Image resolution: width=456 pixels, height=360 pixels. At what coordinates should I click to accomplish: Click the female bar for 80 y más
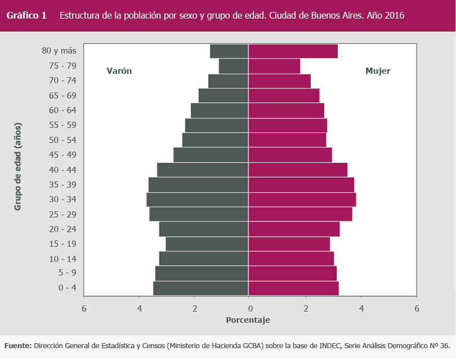pos(293,51)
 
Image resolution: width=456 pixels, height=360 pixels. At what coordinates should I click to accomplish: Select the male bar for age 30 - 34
pos(197,199)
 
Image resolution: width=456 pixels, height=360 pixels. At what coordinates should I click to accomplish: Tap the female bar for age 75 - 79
pos(274,66)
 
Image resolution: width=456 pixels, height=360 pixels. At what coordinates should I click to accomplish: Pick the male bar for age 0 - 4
pos(200,288)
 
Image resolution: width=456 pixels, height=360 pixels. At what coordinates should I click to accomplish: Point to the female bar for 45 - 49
pos(290,155)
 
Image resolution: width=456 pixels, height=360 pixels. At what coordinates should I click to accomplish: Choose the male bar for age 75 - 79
pos(234,66)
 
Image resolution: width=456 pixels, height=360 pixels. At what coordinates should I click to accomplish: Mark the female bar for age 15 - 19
pos(289,244)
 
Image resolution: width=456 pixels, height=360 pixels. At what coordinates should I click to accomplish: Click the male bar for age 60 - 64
pos(220,110)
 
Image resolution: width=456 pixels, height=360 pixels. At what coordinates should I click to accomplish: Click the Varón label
pos(119,71)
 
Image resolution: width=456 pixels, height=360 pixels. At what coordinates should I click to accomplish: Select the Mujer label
pos(378,71)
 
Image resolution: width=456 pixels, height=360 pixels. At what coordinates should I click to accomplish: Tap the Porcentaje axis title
pos(248,320)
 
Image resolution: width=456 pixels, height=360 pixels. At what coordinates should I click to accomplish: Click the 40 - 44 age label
pos(63,170)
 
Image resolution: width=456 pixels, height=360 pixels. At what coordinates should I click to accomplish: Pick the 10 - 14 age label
pos(63,259)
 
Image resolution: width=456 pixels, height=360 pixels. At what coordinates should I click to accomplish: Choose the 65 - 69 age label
pos(63,95)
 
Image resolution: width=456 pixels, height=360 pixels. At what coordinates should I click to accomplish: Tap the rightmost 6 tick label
pos(417,308)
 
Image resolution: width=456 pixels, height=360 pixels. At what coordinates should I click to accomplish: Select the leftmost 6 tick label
pos(84,308)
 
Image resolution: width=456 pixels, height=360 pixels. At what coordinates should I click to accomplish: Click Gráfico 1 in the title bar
pos(26,16)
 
